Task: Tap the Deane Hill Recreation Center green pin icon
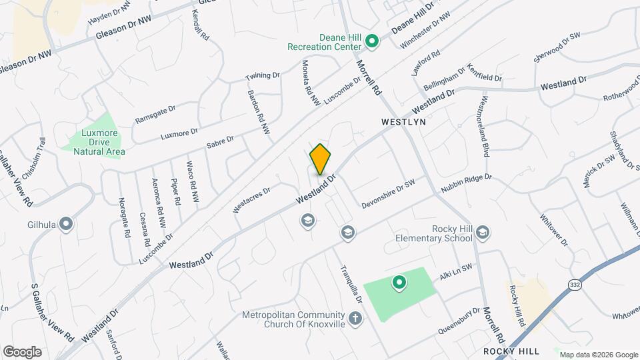point(373,41)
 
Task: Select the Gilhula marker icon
point(66,224)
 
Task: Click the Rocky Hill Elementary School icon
point(483,232)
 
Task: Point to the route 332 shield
point(575,285)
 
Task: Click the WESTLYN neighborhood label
point(403,123)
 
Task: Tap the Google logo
point(21,352)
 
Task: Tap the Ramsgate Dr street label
point(155,114)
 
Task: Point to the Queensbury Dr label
point(459,321)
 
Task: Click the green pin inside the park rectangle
point(399,284)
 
